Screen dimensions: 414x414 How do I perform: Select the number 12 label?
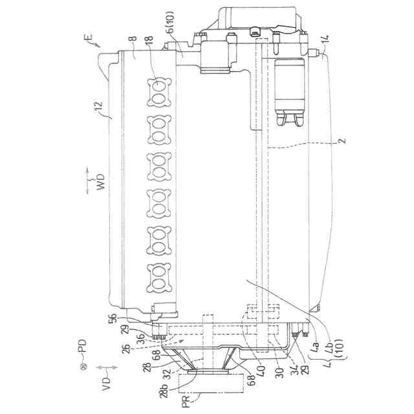(99, 107)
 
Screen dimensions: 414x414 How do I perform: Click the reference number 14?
(326, 39)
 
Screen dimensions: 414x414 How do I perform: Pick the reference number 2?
(342, 140)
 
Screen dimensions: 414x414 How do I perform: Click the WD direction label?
(100, 182)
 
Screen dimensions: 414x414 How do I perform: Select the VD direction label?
(105, 384)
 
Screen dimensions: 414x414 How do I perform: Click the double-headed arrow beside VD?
(107, 367)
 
